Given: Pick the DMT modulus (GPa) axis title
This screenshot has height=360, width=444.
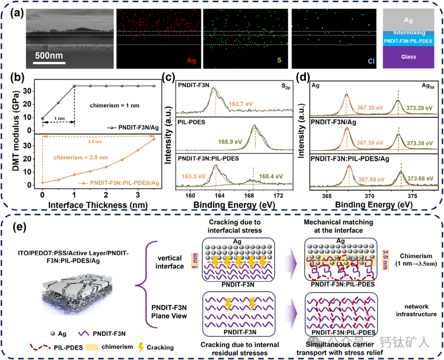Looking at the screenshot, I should [19, 135].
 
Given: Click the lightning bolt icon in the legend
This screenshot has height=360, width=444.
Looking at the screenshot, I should [142, 347].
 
